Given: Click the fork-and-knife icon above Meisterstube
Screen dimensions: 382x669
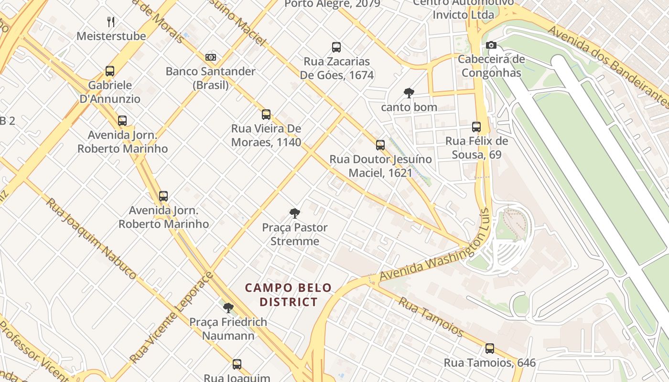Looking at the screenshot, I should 111,21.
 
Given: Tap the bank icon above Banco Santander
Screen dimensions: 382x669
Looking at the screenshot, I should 211,57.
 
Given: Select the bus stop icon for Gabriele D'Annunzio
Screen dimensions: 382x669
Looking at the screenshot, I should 110,71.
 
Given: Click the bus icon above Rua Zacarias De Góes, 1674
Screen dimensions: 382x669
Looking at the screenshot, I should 336,47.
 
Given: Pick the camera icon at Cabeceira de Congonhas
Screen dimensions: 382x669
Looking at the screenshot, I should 491,45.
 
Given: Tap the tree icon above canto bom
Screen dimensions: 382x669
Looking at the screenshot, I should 409,93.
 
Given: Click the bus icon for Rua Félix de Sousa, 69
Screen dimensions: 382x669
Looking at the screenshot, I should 476,127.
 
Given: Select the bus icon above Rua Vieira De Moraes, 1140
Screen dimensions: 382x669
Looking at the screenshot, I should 266,115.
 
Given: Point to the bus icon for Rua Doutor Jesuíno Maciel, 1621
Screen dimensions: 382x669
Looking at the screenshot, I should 380,145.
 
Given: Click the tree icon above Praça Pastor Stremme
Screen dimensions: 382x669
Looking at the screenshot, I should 295,213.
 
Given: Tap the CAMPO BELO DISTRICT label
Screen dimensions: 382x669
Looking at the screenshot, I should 288,295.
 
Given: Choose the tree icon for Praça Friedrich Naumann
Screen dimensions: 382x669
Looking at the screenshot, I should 228,308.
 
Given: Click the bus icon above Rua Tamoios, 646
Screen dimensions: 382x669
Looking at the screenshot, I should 490,349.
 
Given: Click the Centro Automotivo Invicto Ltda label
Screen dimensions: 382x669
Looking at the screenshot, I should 463,9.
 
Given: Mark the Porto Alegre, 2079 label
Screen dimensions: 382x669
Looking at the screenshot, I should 332,4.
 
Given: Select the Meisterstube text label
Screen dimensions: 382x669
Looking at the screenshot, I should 111,36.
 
